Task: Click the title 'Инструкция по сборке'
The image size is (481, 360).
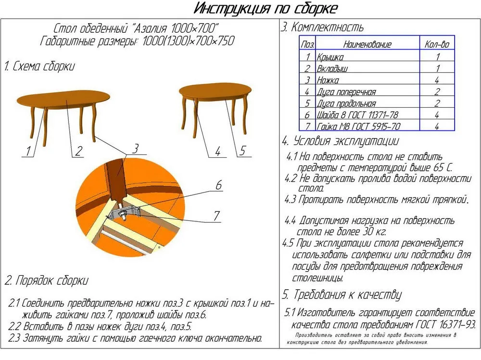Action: [266, 9]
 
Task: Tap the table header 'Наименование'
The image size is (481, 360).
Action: [367, 44]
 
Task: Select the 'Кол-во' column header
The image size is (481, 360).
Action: [437, 44]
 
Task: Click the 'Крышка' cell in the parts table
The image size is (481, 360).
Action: [330, 57]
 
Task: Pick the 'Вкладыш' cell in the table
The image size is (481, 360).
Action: [332, 68]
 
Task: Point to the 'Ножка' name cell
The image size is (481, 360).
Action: [328, 80]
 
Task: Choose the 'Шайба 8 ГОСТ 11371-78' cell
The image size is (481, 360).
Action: [357, 115]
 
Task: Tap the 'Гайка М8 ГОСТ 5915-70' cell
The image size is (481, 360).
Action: [358, 126]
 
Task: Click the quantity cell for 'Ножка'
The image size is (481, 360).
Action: [437, 80]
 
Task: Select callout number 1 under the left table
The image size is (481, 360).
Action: [28, 151]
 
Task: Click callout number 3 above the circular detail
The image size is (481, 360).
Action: [135, 147]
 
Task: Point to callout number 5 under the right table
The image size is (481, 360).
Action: [242, 151]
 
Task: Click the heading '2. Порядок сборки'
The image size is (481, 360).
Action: [46, 280]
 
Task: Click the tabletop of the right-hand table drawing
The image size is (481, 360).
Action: [215, 92]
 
